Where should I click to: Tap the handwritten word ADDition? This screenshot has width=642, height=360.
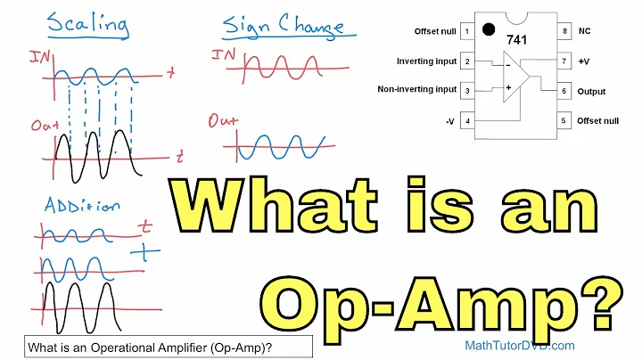point(81,205)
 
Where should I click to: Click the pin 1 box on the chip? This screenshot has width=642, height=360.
point(466,31)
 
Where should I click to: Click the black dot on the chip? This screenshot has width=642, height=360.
point(488,28)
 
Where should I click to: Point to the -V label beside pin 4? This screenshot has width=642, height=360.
point(449,120)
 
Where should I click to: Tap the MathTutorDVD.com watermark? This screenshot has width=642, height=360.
point(519,345)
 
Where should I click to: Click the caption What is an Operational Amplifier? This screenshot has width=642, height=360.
point(156,346)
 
